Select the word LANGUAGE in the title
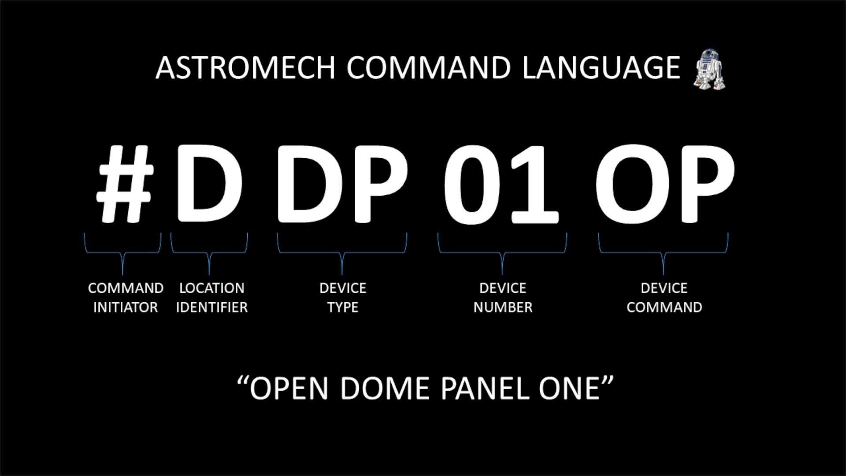[601, 68]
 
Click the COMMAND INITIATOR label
[126, 297]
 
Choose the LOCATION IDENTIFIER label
[212, 297]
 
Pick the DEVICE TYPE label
[343, 297]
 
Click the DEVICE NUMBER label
[503, 297]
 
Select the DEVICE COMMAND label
[664, 297]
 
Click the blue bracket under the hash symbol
[123, 253]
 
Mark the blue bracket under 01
[502, 253]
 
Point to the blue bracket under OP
[663, 253]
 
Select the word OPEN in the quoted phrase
[289, 389]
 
